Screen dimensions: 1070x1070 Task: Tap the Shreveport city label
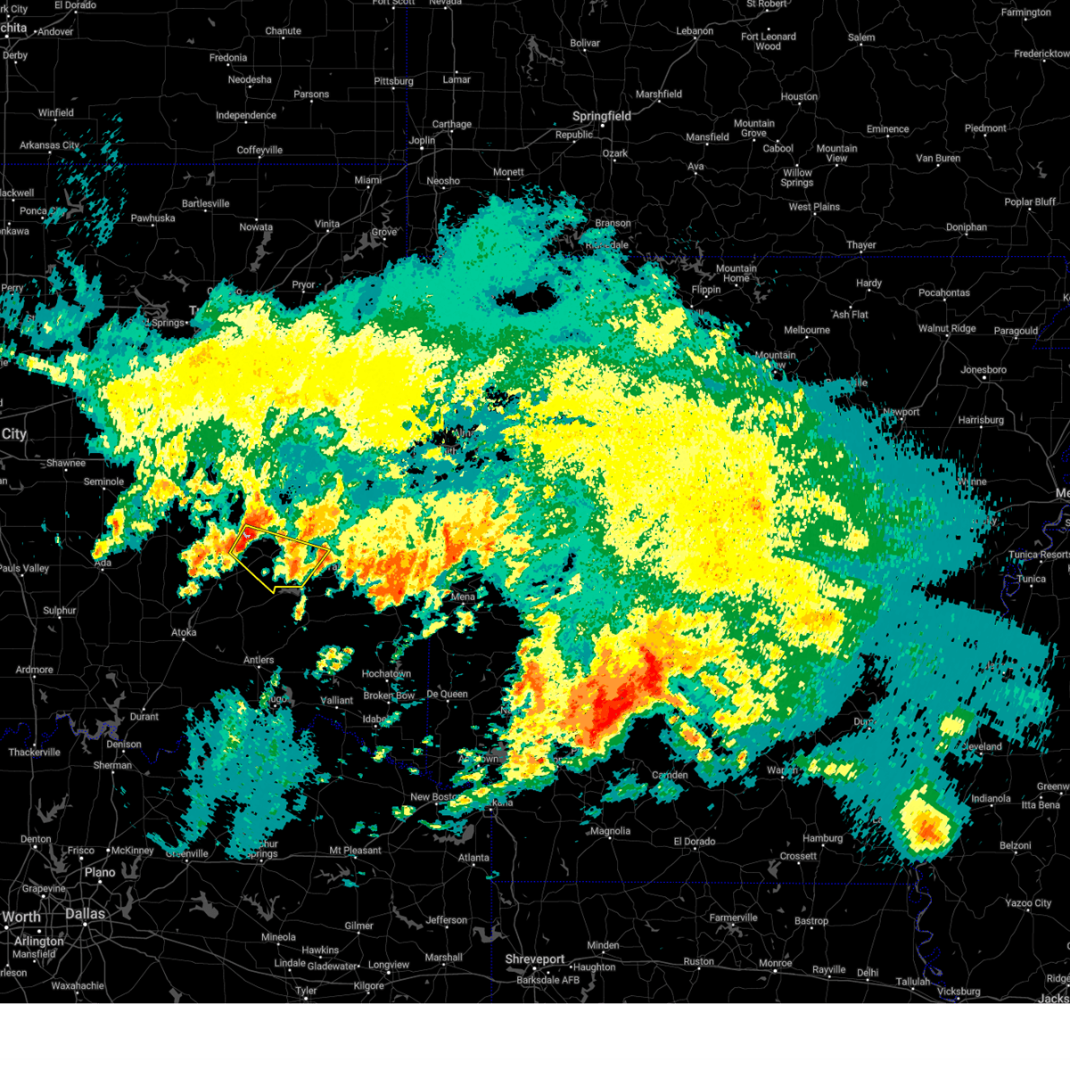[x=535, y=959]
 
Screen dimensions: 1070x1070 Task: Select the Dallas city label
[x=85, y=914]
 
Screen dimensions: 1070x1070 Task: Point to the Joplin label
[x=422, y=140]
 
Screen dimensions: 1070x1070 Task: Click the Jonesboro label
[x=984, y=369]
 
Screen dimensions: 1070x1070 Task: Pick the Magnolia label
[x=610, y=831]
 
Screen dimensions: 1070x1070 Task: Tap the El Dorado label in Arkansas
[x=695, y=841]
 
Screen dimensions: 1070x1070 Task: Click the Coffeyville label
[x=259, y=150]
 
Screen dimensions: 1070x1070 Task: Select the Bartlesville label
[x=205, y=203]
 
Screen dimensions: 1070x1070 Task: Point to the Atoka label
[x=184, y=632]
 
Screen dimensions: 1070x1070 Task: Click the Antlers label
[x=259, y=660]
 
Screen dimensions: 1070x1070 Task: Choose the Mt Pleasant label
[x=355, y=850]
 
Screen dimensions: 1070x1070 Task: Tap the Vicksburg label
[x=959, y=991]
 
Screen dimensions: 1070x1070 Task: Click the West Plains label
[x=814, y=207]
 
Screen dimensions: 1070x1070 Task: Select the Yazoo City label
[x=1029, y=903]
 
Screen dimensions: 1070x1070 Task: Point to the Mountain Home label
[x=736, y=273]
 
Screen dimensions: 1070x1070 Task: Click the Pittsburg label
[x=393, y=81]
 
